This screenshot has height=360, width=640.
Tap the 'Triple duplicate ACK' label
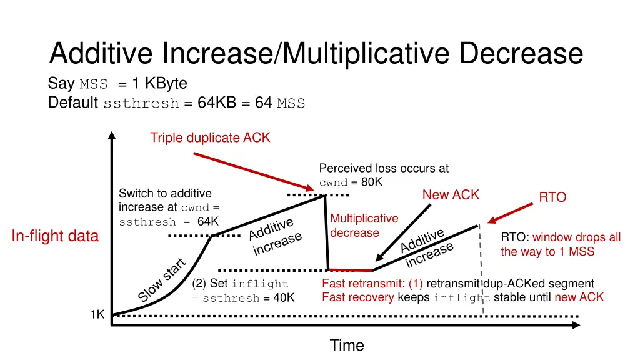point(210,137)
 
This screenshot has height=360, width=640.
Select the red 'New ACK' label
point(451,195)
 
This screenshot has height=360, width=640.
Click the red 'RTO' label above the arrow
point(552,197)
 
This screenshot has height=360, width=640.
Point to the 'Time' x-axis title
point(346,345)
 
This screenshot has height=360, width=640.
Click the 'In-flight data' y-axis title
point(55,236)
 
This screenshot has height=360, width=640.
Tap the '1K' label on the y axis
point(97,315)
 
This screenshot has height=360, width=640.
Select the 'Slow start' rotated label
point(162,279)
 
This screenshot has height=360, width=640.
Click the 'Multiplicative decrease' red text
point(364,226)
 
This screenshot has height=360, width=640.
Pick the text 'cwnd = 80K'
point(351,182)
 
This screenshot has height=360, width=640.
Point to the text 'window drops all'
point(576,237)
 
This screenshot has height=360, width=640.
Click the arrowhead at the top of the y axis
point(111,135)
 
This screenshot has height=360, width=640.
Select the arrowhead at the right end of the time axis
point(574,325)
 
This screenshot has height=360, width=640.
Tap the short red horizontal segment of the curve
point(351,270)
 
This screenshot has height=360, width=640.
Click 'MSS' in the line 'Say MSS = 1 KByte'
point(94,84)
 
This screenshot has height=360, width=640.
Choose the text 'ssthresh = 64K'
point(169,222)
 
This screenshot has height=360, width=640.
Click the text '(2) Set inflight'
point(241,284)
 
